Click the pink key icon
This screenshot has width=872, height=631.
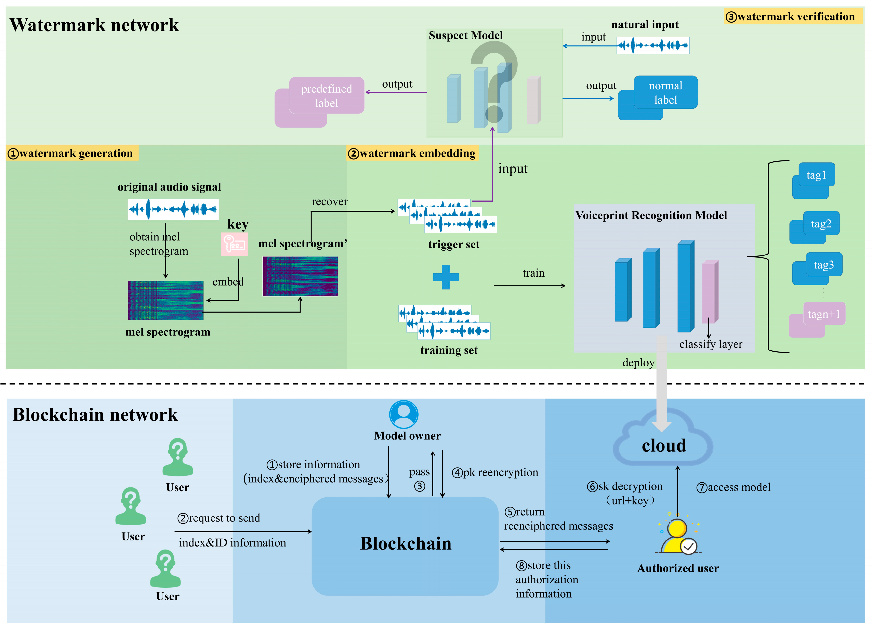click(234, 244)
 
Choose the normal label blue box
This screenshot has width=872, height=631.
click(665, 93)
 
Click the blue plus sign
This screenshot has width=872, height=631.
click(446, 277)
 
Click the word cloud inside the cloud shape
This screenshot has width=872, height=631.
click(664, 446)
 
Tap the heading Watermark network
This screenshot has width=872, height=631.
click(94, 25)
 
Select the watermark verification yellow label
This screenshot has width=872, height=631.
click(792, 16)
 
